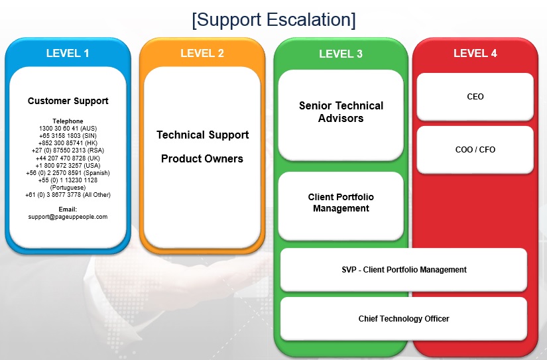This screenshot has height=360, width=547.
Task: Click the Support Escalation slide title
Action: [x=273, y=19]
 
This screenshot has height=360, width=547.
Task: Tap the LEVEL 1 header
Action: [x=68, y=54]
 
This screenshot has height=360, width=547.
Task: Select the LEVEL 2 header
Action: [x=202, y=54]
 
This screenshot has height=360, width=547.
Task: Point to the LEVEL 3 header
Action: [x=341, y=54]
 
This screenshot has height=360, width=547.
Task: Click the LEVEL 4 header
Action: [x=475, y=54]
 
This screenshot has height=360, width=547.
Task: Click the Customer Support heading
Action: [x=68, y=101]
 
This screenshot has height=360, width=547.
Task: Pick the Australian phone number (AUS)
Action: [x=68, y=128]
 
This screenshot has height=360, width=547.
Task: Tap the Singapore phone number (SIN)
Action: [x=68, y=135]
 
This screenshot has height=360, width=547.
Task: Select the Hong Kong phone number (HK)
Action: [x=68, y=143]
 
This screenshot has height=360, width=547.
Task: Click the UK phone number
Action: [x=68, y=158]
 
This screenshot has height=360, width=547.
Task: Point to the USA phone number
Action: [x=68, y=165]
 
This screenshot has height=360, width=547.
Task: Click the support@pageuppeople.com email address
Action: [x=68, y=217]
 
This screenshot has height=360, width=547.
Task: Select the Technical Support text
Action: [x=202, y=135]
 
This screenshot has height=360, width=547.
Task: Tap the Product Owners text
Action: [x=202, y=159]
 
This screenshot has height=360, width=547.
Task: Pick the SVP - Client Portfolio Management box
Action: [x=403, y=270]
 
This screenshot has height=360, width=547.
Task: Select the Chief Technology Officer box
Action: [x=403, y=319]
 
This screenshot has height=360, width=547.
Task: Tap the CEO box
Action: [x=475, y=97]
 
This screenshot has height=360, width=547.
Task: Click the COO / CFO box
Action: [x=475, y=150]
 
